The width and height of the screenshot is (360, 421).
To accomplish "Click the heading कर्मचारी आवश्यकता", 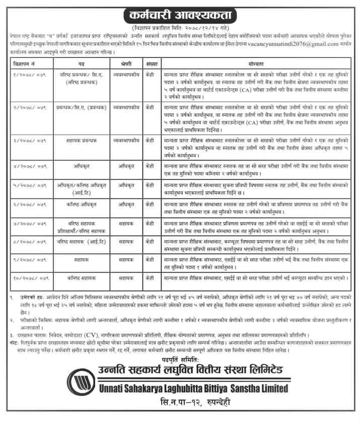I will tap(180, 13).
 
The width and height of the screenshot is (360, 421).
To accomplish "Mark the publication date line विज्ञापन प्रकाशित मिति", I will tap(179, 24).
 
